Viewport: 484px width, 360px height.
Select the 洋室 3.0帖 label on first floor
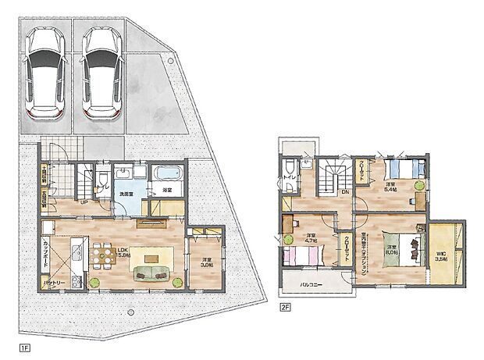(x=206, y=264)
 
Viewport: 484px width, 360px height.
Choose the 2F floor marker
(x=286, y=307)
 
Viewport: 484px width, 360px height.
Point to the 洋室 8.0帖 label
(x=391, y=251)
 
